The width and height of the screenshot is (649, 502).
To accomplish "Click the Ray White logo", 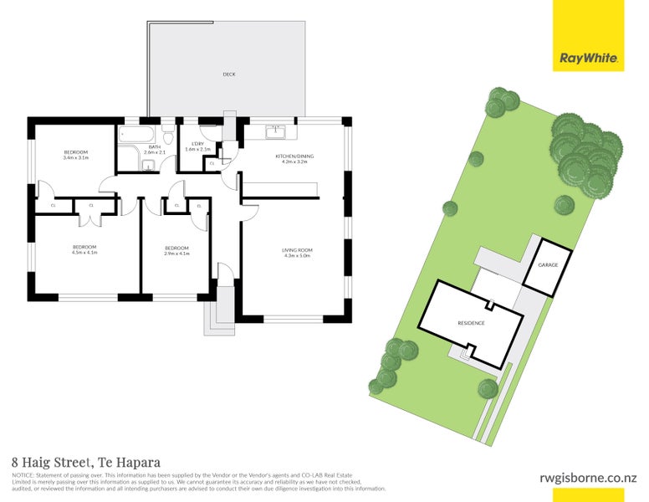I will [x=588, y=59].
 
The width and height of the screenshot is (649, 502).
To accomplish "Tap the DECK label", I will [x=228, y=74].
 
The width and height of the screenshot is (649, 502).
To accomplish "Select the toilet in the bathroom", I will [x=168, y=137].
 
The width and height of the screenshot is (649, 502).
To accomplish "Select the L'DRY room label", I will [x=198, y=144].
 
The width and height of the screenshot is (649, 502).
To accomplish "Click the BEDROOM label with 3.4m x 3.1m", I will [x=75, y=151].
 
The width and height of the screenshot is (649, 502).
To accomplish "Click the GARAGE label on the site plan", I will [x=548, y=265].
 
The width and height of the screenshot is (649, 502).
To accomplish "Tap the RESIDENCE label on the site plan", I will [x=471, y=323].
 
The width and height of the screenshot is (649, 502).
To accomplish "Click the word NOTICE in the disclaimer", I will [x=23, y=474].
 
